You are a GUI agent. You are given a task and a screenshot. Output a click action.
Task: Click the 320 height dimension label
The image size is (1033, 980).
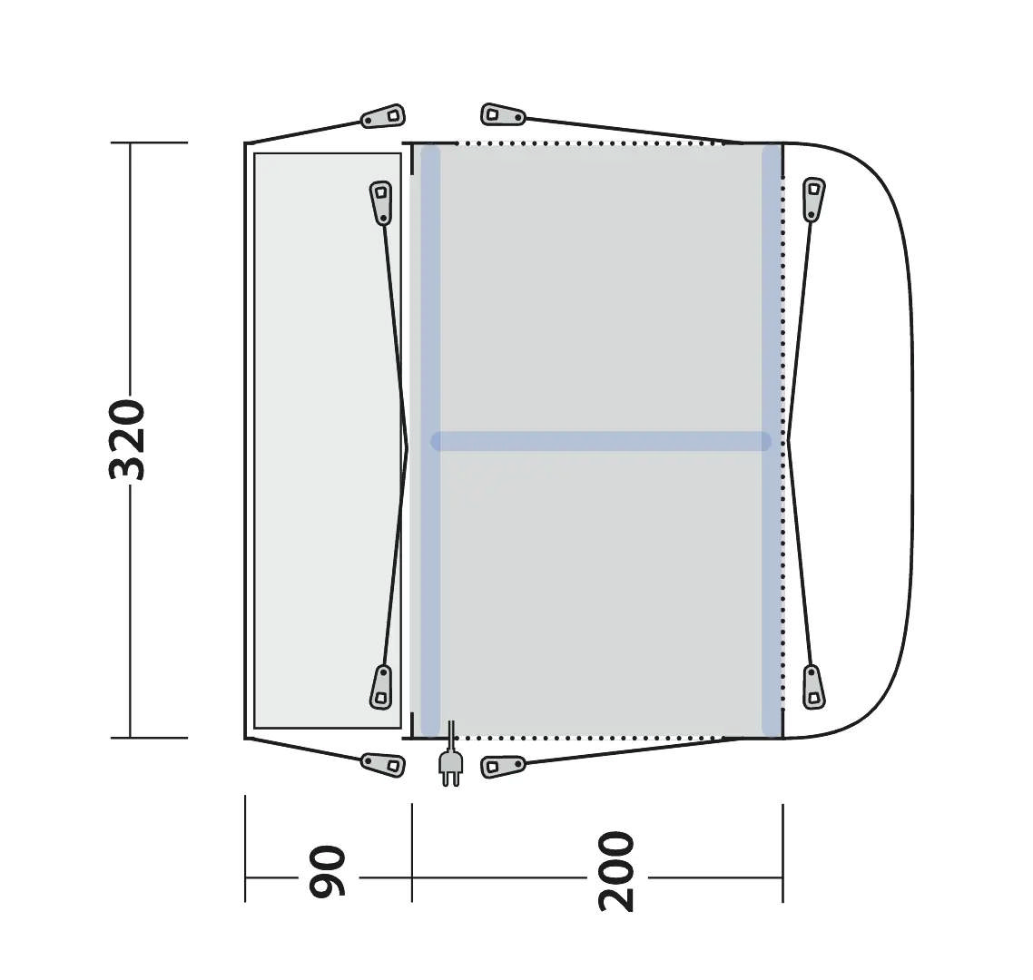(126, 439)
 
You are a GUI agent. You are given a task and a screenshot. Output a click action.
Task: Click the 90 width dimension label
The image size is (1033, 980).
(328, 871)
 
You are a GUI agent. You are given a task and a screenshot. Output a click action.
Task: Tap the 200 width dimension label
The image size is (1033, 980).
(616, 871)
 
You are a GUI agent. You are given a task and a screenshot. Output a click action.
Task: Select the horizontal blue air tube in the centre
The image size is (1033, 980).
(601, 441)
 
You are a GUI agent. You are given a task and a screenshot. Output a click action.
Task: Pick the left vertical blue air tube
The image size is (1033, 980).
(430, 440)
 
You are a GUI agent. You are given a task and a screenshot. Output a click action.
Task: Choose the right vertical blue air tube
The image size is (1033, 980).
(772, 440)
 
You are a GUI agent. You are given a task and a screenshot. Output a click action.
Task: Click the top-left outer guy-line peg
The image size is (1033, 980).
(383, 116)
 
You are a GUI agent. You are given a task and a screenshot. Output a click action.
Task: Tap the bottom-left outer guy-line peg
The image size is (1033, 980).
(383, 764)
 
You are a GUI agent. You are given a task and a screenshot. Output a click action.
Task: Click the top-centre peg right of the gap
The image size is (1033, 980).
(503, 114)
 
